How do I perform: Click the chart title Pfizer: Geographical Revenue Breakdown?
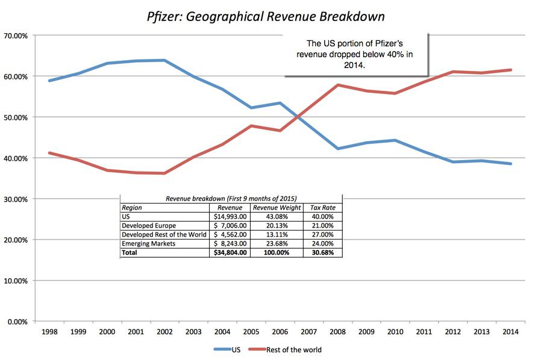click(266, 16)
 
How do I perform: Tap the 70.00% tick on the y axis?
click(16, 36)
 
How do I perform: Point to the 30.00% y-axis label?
click(16, 199)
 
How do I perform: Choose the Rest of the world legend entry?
click(293, 349)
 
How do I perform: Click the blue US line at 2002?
click(164, 60)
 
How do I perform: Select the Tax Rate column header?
click(322, 207)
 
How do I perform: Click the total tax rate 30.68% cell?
click(322, 253)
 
